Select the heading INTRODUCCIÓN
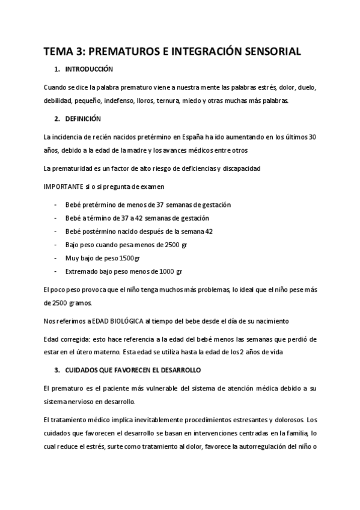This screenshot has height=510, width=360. pyautogui.click(x=89, y=69)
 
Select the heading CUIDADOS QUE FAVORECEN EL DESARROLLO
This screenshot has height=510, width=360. pyautogui.click(x=133, y=369)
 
